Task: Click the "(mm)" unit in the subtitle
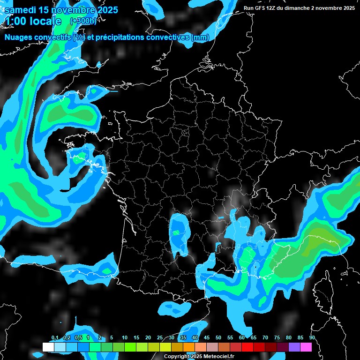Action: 200,37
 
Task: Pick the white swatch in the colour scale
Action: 48,347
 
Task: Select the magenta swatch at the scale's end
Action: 306,347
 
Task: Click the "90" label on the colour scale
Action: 312,338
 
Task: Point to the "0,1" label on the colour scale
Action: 55,338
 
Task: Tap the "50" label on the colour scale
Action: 218,338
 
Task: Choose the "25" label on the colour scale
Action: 160,338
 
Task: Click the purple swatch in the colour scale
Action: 294,347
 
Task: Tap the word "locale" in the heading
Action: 46,21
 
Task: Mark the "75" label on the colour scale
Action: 277,338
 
